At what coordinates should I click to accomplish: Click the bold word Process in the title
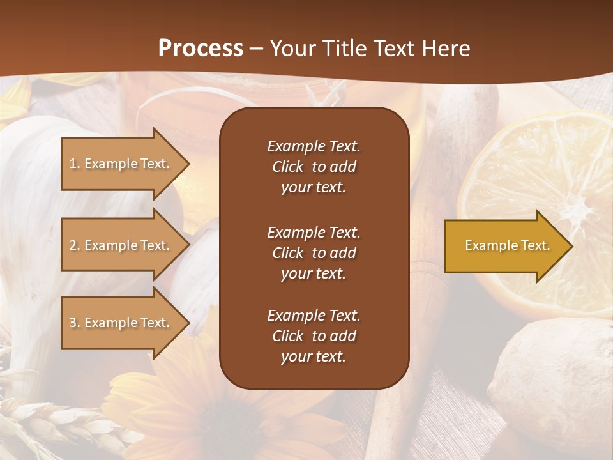pyautogui.click(x=201, y=49)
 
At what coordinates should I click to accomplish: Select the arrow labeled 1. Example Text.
pyautogui.click(x=121, y=164)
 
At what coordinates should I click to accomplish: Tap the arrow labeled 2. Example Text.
pyautogui.click(x=121, y=245)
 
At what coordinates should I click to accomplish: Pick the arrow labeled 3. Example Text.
pyautogui.click(x=121, y=323)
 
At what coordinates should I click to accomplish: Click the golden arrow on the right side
pyautogui.click(x=504, y=246)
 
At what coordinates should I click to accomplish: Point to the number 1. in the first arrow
pyautogui.click(x=75, y=164)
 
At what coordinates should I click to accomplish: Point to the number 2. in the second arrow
pyautogui.click(x=75, y=245)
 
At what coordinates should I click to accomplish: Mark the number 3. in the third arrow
pyautogui.click(x=75, y=323)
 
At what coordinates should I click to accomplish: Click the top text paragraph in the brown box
pyautogui.click(x=314, y=167)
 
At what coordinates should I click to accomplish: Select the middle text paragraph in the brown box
pyautogui.click(x=314, y=253)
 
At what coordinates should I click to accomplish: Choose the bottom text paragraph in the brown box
pyautogui.click(x=314, y=336)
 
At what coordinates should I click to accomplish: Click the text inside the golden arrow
pyautogui.click(x=507, y=245)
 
